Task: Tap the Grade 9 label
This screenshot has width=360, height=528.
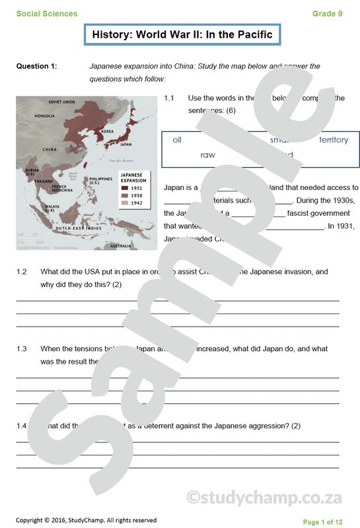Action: pyautogui.click(x=328, y=14)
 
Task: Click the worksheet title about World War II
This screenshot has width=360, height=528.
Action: pyautogui.click(x=182, y=34)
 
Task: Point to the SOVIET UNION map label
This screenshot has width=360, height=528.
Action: pyautogui.click(x=62, y=102)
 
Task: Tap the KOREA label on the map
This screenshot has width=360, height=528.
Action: pyautogui.click(x=107, y=131)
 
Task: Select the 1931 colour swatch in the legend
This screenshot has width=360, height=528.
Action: pyautogui.click(x=124, y=187)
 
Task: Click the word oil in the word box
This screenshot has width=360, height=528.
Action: pyautogui.click(x=177, y=140)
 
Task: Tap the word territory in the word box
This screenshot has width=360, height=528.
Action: pyautogui.click(x=333, y=140)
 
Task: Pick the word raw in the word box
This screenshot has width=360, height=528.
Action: pyautogui.click(x=207, y=155)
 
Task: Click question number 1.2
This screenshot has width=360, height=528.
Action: pyautogui.click(x=22, y=271)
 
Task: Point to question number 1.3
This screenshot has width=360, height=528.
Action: pyautogui.click(x=22, y=348)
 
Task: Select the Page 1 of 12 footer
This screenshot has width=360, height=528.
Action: pyautogui.click(x=322, y=522)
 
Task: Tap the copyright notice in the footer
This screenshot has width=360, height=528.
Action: pyautogui.click(x=86, y=520)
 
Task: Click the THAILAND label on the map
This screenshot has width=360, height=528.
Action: pyautogui.click(x=44, y=180)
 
